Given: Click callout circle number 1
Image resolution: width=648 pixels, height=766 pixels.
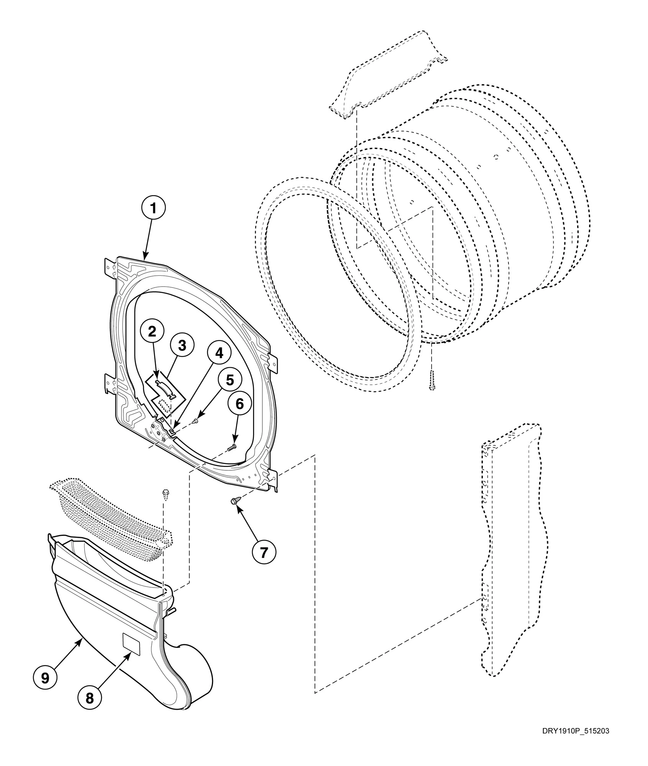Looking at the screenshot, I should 153,208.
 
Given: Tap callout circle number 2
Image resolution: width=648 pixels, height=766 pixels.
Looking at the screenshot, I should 152,332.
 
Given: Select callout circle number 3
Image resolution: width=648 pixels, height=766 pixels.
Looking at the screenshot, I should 182,345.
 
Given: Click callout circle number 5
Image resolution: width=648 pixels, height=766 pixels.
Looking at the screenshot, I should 230,380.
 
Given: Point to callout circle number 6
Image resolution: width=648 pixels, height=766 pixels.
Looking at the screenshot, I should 239,403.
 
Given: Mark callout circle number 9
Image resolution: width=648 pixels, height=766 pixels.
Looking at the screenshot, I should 45,678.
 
